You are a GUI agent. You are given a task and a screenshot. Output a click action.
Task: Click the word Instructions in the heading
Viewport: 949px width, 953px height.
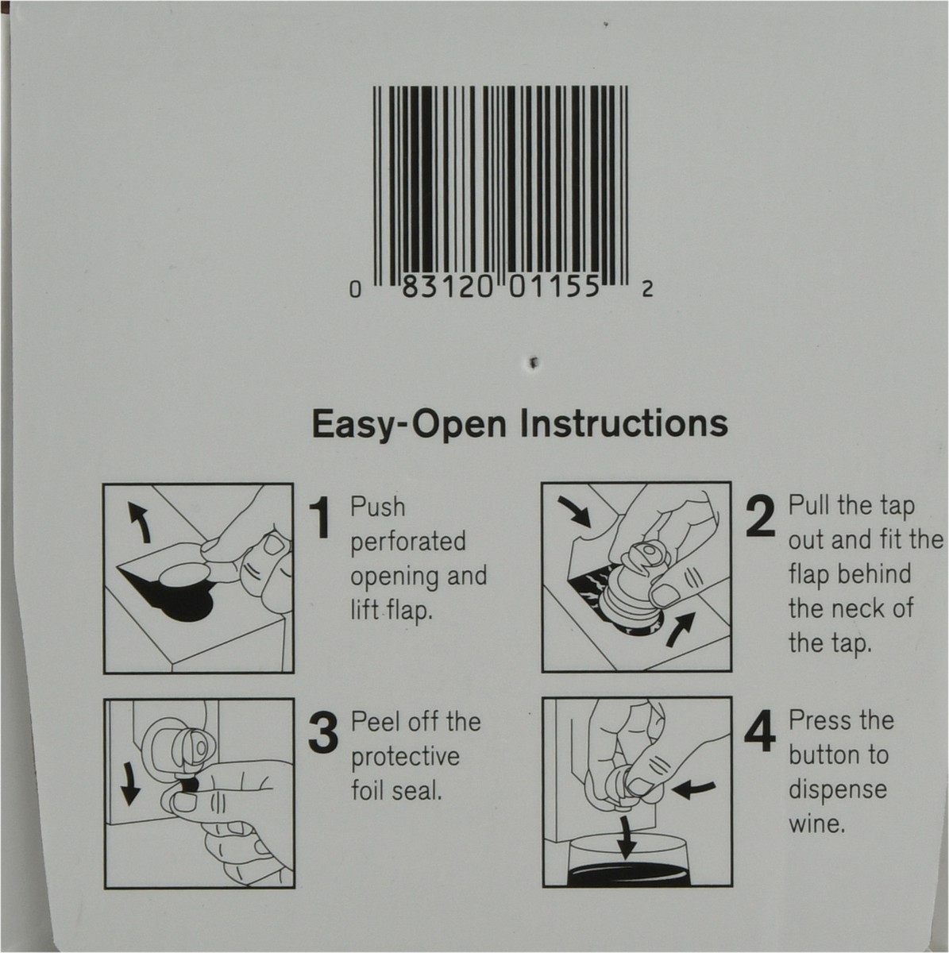(624, 424)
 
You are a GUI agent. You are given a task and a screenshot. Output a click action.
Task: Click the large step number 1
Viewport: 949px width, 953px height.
(322, 519)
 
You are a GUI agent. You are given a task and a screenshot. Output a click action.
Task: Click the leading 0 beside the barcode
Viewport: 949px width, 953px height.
(354, 291)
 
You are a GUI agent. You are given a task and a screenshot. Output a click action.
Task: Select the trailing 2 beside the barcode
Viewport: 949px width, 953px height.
(647, 290)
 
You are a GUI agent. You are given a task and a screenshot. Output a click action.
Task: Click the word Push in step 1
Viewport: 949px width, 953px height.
(378, 507)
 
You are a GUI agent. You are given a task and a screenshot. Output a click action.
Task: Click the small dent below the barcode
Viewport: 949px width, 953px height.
(533, 363)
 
